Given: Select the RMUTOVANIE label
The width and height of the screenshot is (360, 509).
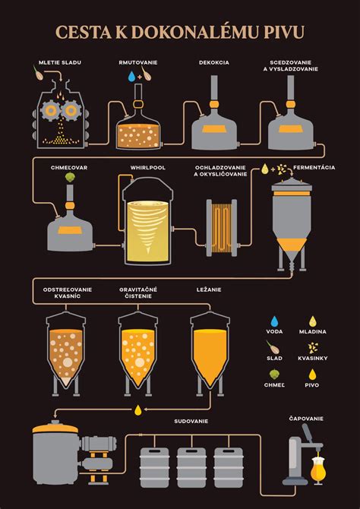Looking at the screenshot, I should tap(138, 61).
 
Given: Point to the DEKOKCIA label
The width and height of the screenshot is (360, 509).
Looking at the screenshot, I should tap(214, 61).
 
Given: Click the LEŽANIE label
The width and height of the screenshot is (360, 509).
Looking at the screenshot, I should tap(210, 291).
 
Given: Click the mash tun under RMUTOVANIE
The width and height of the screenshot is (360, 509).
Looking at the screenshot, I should tap(138, 129).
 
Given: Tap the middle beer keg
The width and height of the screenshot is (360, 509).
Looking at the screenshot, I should tap(192, 467).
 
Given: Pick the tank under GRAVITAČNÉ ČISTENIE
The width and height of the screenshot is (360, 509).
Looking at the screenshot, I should tap(138, 356).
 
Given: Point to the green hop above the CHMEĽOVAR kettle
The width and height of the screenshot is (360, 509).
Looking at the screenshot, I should tap(70, 177).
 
